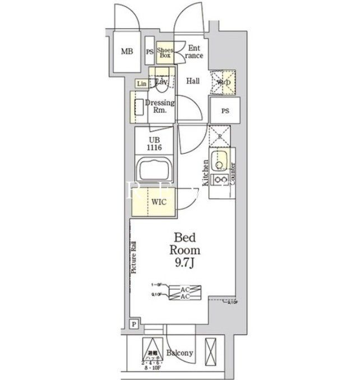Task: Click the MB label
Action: coord(127,52)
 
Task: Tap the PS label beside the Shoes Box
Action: coord(150,53)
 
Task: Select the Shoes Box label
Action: coord(164,52)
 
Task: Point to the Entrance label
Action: coord(193,52)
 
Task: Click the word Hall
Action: coord(193,81)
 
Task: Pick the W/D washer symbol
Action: coord(223,83)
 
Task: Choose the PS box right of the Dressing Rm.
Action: coord(225,111)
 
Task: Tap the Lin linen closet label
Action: coord(140,84)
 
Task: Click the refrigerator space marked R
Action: coord(220,135)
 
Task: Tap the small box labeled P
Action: coord(133,324)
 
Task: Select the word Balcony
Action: coord(179,353)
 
